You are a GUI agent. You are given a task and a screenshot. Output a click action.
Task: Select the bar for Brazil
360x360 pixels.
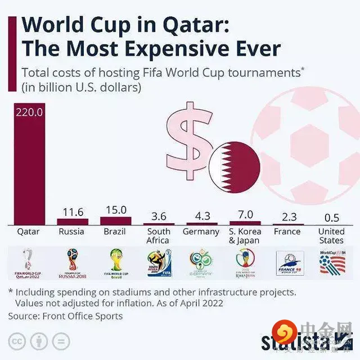pos(115,220)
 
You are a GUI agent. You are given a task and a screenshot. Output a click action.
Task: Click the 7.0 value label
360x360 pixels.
pos(245,214)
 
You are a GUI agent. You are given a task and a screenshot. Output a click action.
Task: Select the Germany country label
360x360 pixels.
pos(201,232)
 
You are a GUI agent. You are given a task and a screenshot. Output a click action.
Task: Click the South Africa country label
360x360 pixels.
pos(158,236)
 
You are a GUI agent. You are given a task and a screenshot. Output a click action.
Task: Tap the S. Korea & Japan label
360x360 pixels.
pos(245,236)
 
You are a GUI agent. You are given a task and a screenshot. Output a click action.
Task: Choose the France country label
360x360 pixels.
pos(287,231)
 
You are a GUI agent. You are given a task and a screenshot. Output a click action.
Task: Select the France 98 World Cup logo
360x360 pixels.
pos(289,263)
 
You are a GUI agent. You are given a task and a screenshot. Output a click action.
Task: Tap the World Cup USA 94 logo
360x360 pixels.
pos(331,262)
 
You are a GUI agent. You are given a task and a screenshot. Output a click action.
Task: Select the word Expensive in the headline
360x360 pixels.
pos(187,49)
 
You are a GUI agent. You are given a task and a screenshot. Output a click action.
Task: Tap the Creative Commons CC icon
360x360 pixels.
pos(18,341)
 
